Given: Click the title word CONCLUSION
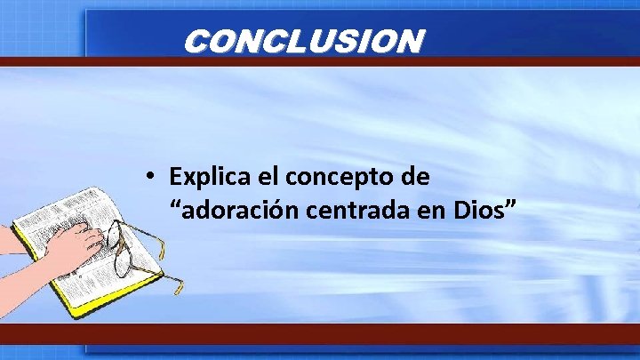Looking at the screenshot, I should pyautogui.click(x=302, y=41).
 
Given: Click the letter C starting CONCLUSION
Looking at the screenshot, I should pyautogui.click(x=198, y=41).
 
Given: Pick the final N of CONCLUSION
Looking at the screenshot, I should pyautogui.click(x=408, y=41).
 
